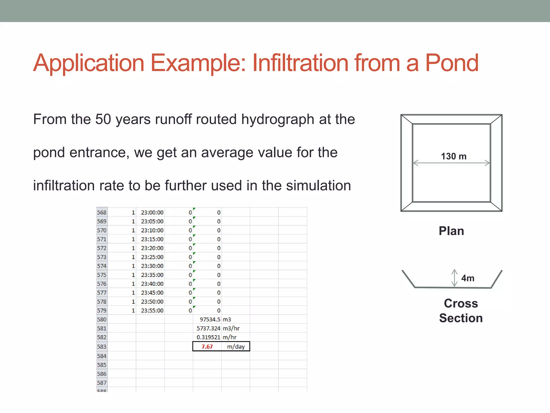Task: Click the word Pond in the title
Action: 452,63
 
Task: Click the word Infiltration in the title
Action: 300,63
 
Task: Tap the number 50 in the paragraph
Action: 103,119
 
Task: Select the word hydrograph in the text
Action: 277,120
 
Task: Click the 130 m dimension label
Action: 454,156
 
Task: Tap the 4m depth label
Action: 468,278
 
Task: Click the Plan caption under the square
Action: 451,231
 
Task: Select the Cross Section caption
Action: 461,311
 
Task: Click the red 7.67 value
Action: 207,347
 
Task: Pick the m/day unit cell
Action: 236,347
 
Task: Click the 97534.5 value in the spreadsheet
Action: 210,319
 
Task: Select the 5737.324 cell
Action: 208,328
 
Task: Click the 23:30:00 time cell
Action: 152,266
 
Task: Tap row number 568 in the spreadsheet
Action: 102,212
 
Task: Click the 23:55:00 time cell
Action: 152,311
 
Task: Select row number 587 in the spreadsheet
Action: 102,383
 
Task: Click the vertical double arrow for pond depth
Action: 454,278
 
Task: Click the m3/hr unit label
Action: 231,328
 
